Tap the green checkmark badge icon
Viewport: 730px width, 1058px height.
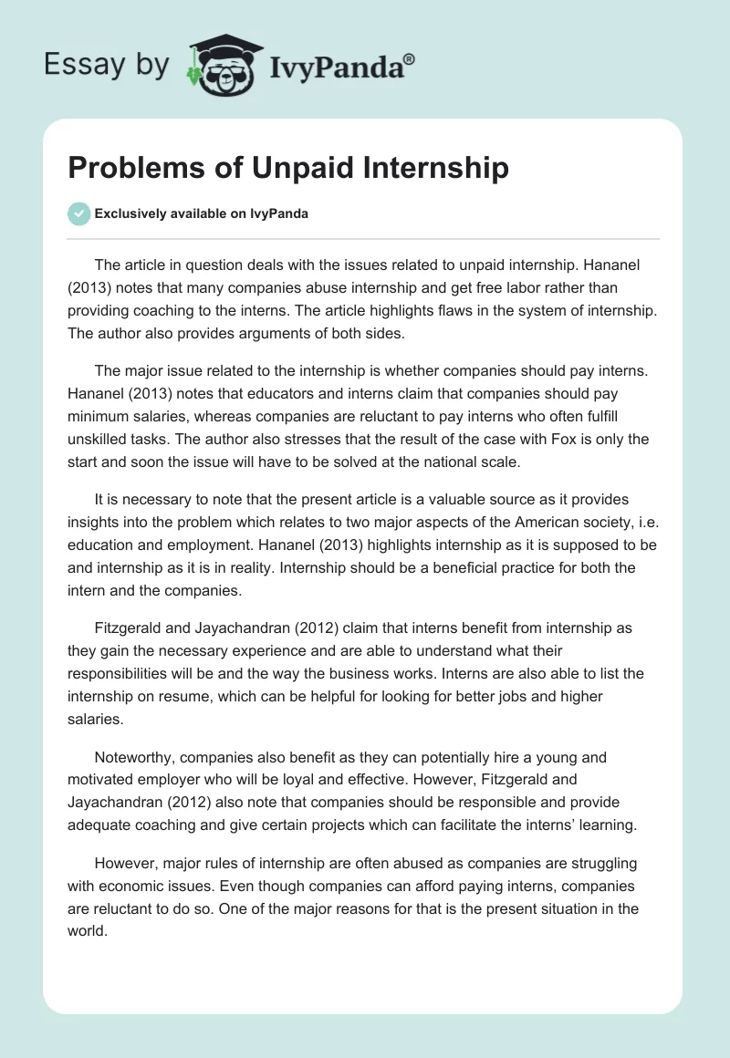pos(78,213)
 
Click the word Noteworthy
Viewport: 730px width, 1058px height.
pos(138,758)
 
